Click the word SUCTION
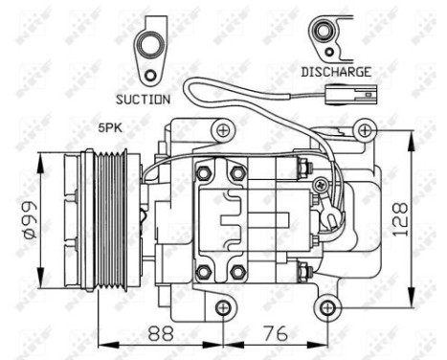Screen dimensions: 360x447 pos(143,99)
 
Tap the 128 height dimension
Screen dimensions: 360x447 pos(423,215)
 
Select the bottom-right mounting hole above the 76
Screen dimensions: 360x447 pos(327,307)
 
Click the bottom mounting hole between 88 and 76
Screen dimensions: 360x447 pos(222,307)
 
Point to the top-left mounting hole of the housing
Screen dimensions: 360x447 pos(222,129)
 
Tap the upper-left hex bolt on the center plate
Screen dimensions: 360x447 pos(203,173)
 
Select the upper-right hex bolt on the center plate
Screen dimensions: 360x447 pos(236,173)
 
